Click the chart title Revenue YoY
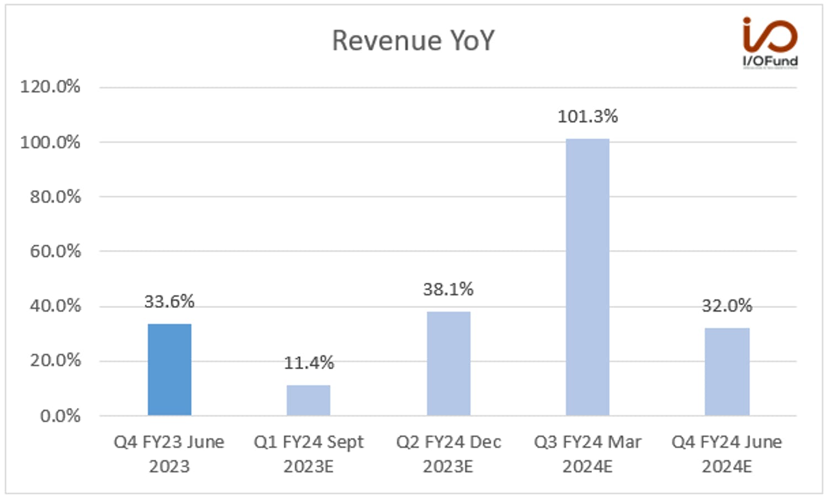coord(413,41)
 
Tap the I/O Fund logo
coord(770,43)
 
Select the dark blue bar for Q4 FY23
coord(169,369)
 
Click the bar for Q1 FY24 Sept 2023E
coord(308,400)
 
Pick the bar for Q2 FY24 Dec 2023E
coord(449,364)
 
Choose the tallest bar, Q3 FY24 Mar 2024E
coord(587,277)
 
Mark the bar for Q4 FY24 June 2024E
coord(727,371)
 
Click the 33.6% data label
coord(169,301)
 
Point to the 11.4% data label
coord(309,363)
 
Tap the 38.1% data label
coord(448,289)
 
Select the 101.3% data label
coord(587,116)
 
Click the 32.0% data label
coord(727,306)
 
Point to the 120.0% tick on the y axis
coord(50,87)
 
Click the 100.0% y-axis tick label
coord(50,142)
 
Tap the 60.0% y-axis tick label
coord(55,251)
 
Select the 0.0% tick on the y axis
coord(60,416)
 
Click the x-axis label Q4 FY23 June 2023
coord(169,454)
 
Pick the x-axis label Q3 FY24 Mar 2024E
coord(587,454)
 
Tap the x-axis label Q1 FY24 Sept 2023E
coord(309,454)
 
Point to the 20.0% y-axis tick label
coord(55,360)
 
